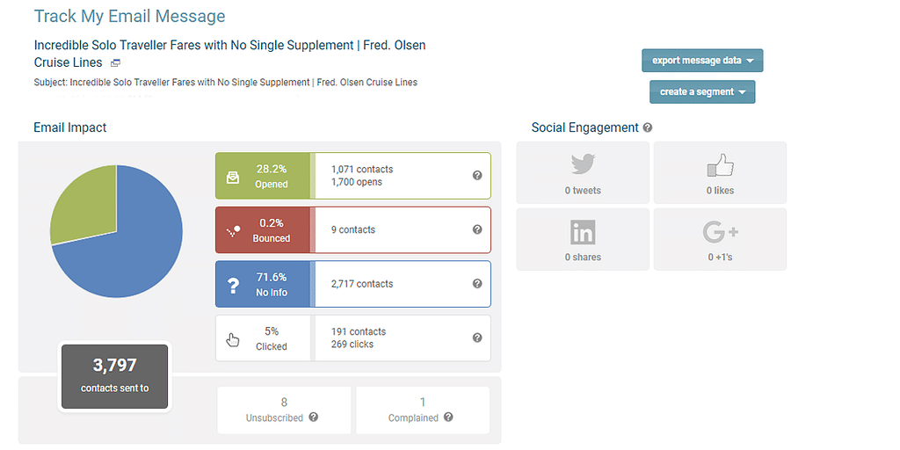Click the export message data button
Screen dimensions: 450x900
pos(702,61)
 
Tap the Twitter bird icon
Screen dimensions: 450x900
pos(583,164)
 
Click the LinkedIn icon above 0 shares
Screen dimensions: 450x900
pos(583,232)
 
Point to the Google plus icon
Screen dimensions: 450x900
pos(720,232)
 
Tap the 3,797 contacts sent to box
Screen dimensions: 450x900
pos(114,375)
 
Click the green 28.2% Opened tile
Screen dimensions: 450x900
pos(263,176)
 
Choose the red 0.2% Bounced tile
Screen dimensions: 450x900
pos(263,230)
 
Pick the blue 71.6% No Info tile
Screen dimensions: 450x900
pos(263,284)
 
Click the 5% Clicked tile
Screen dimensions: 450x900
pos(263,338)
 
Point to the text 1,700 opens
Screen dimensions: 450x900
pos(357,183)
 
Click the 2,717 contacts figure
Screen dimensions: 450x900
pos(362,284)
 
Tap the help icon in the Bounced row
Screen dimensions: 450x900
pos(477,230)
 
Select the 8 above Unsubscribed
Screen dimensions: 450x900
pos(284,402)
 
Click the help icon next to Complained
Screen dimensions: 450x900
pos(448,417)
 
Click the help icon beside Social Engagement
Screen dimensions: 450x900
pos(648,128)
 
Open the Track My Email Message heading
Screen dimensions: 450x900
pos(129,17)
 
